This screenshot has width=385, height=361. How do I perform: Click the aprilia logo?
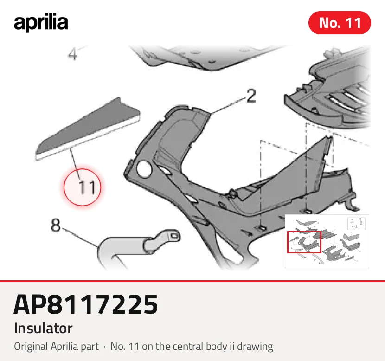pyautogui.click(x=41, y=23)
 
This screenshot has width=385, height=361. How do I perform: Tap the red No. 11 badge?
pyautogui.click(x=340, y=23)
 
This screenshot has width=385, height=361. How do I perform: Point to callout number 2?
pyautogui.click(x=251, y=96)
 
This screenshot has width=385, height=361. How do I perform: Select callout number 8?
pyautogui.click(x=56, y=225)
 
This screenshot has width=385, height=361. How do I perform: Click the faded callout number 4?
pyautogui.click(x=72, y=54)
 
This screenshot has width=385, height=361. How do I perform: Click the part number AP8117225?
pyautogui.click(x=86, y=304)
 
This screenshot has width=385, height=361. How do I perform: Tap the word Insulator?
pyautogui.click(x=43, y=328)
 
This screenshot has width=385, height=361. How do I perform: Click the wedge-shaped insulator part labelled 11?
pyautogui.click(x=88, y=129)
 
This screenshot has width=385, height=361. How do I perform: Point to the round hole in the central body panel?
pyautogui.click(x=144, y=169)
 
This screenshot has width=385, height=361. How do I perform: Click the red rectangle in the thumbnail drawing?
pyautogui.click(x=304, y=242)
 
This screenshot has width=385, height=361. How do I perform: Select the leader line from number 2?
pyautogui.click(x=228, y=106)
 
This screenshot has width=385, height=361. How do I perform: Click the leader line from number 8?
pyautogui.click(x=80, y=238)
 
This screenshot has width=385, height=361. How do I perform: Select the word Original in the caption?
pyautogui.click(x=31, y=347)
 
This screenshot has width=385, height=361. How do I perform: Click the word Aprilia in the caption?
pyautogui.click(x=66, y=347)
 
